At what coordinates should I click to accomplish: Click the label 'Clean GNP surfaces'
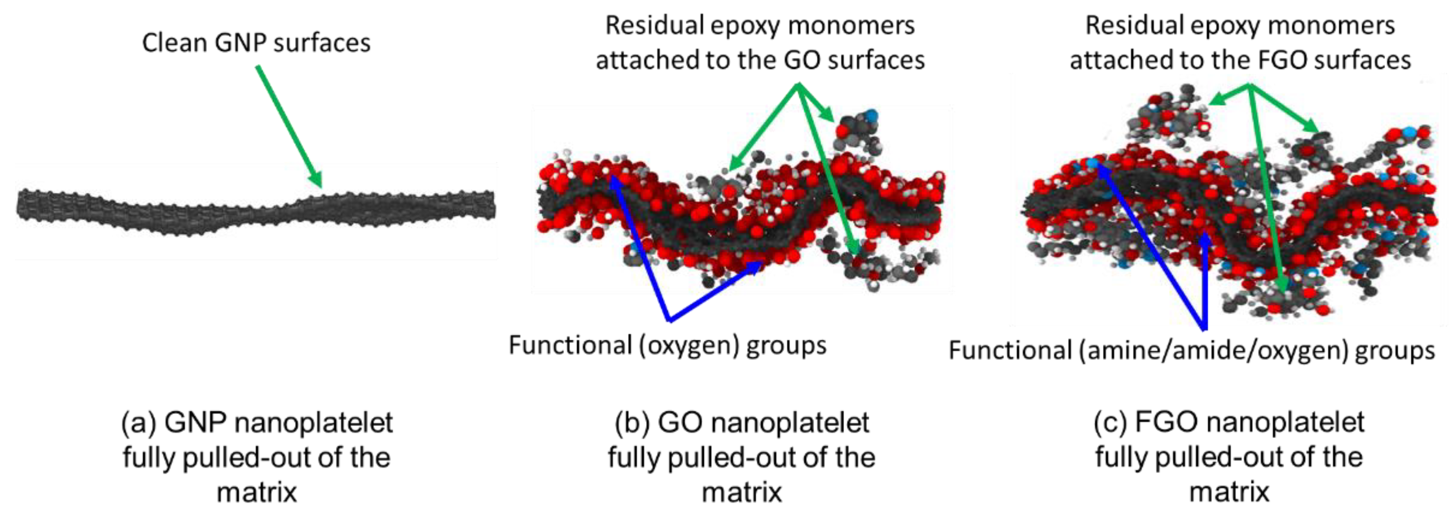pyautogui.click(x=256, y=43)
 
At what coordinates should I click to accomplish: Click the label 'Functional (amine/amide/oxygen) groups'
pyautogui.click(x=1191, y=351)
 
